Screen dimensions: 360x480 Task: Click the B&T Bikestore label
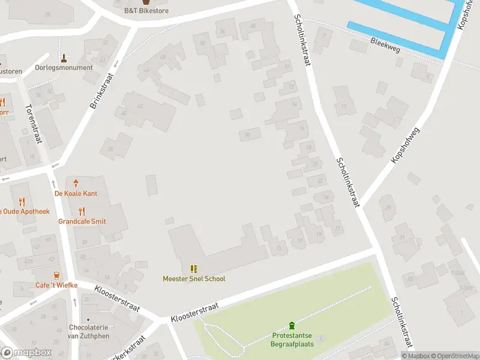146,11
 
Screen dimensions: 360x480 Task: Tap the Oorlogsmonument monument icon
64,58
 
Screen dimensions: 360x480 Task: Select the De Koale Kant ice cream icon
76,183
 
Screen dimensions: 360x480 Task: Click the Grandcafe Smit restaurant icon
82,211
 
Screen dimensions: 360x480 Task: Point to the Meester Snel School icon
194,269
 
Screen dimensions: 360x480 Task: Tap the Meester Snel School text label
194,278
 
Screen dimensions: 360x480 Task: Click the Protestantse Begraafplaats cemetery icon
292,325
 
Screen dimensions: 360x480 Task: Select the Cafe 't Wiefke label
56,285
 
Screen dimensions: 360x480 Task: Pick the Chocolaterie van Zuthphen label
88,332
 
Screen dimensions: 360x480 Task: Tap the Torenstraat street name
32,124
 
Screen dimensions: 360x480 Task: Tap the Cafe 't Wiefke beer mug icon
56,275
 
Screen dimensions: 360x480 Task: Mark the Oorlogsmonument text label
64,68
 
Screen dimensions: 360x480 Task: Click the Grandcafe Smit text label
82,221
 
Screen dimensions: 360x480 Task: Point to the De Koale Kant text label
76,193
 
